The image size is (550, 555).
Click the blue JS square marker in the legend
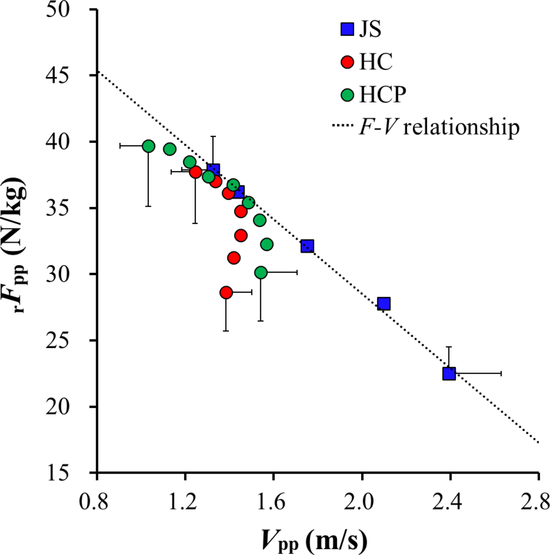(347, 30)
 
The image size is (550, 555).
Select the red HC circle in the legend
(347, 62)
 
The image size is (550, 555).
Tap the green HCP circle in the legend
(347, 95)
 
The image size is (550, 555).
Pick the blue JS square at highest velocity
(449, 374)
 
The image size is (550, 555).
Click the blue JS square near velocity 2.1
(384, 304)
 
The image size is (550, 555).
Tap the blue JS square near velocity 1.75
(307, 246)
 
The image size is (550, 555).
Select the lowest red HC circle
(226, 292)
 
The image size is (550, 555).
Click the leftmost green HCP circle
(148, 146)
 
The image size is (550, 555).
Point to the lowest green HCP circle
(261, 272)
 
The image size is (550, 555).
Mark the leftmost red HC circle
(196, 172)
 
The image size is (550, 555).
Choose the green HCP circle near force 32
(267, 244)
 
